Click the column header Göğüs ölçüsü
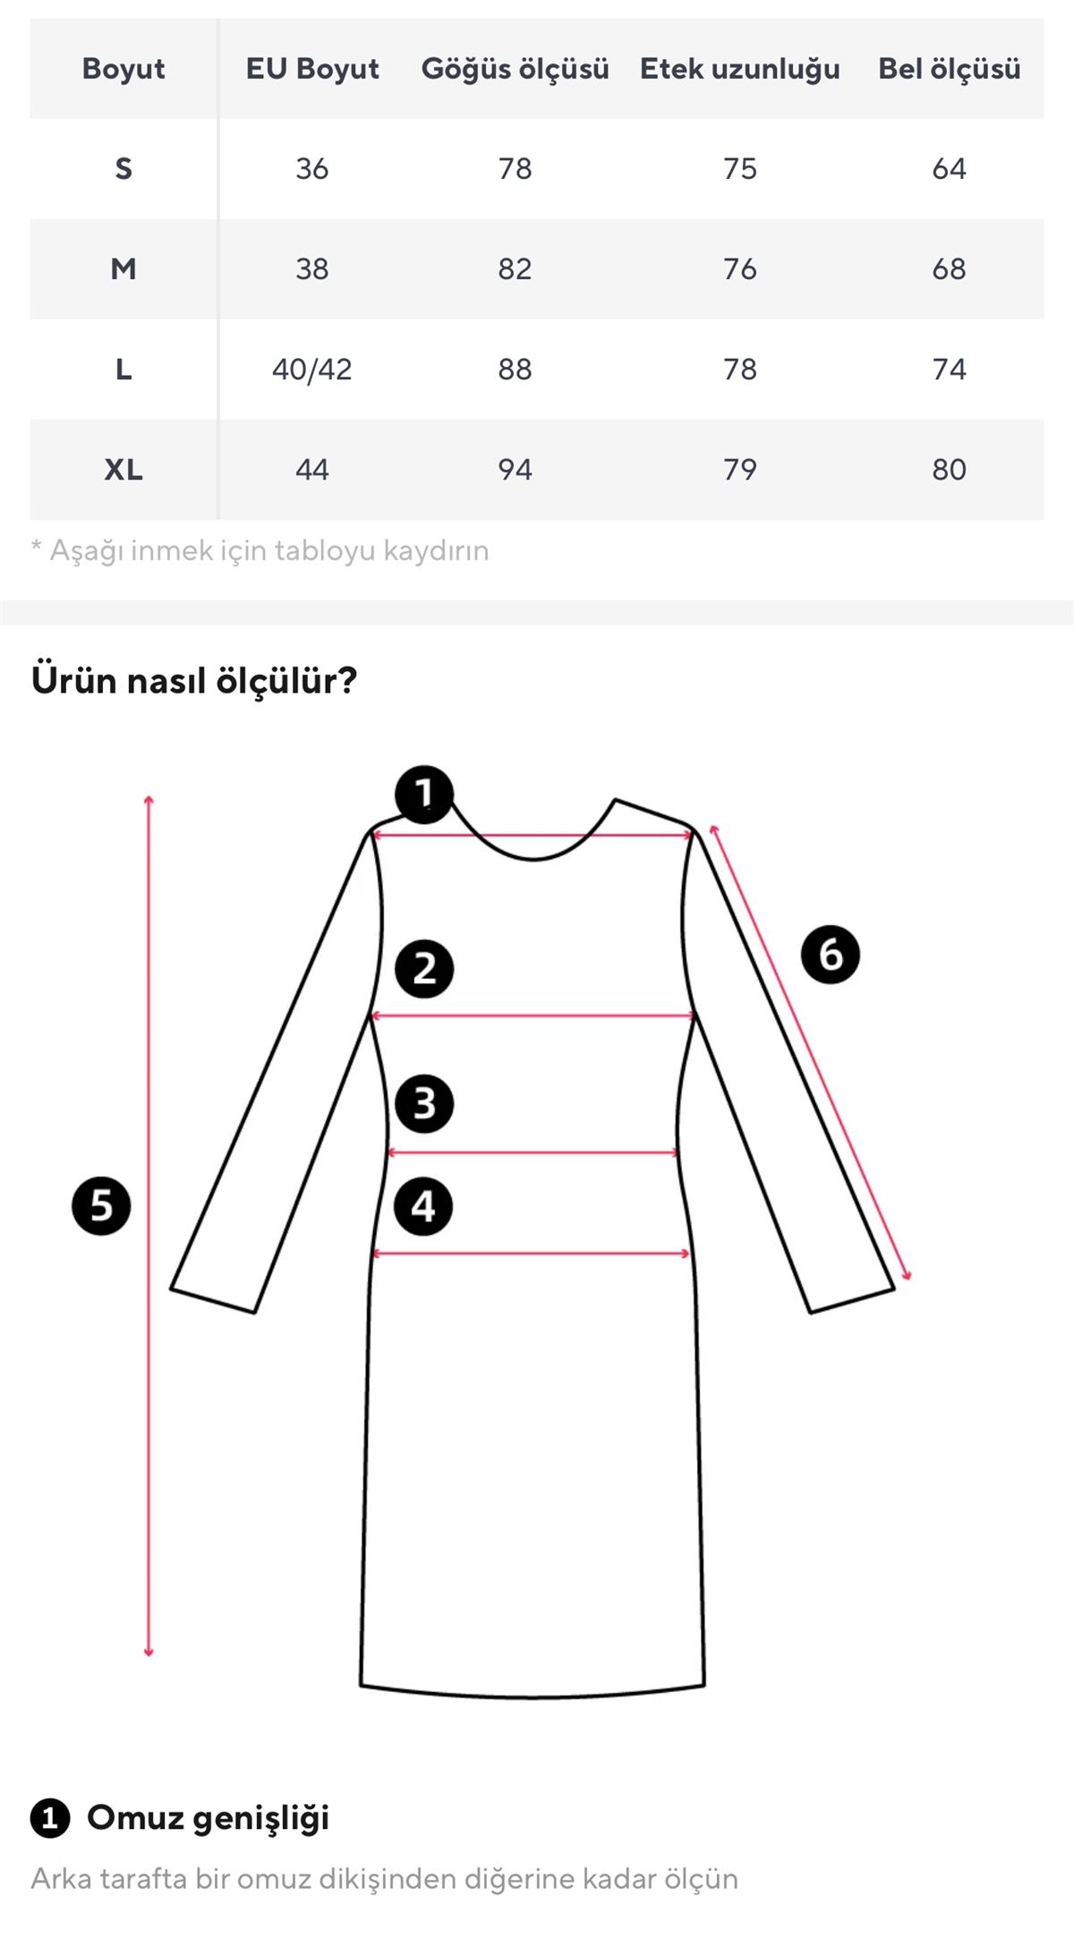(515, 69)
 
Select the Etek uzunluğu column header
(739, 69)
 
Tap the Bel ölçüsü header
(949, 69)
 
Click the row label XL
(124, 469)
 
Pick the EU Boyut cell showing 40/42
(311, 369)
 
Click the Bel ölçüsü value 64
(949, 168)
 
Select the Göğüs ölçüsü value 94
(515, 469)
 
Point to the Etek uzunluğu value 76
(739, 268)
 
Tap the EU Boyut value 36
(311, 168)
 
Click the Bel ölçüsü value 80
(949, 469)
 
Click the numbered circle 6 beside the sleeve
(830, 955)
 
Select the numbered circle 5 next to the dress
(101, 1206)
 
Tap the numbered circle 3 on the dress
(424, 1103)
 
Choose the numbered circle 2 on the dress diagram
(424, 969)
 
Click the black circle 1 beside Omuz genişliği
(50, 1818)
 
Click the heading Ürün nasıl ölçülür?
(194, 680)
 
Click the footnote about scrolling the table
(260, 550)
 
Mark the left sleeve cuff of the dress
(214, 1300)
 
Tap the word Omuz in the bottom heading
(134, 1817)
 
